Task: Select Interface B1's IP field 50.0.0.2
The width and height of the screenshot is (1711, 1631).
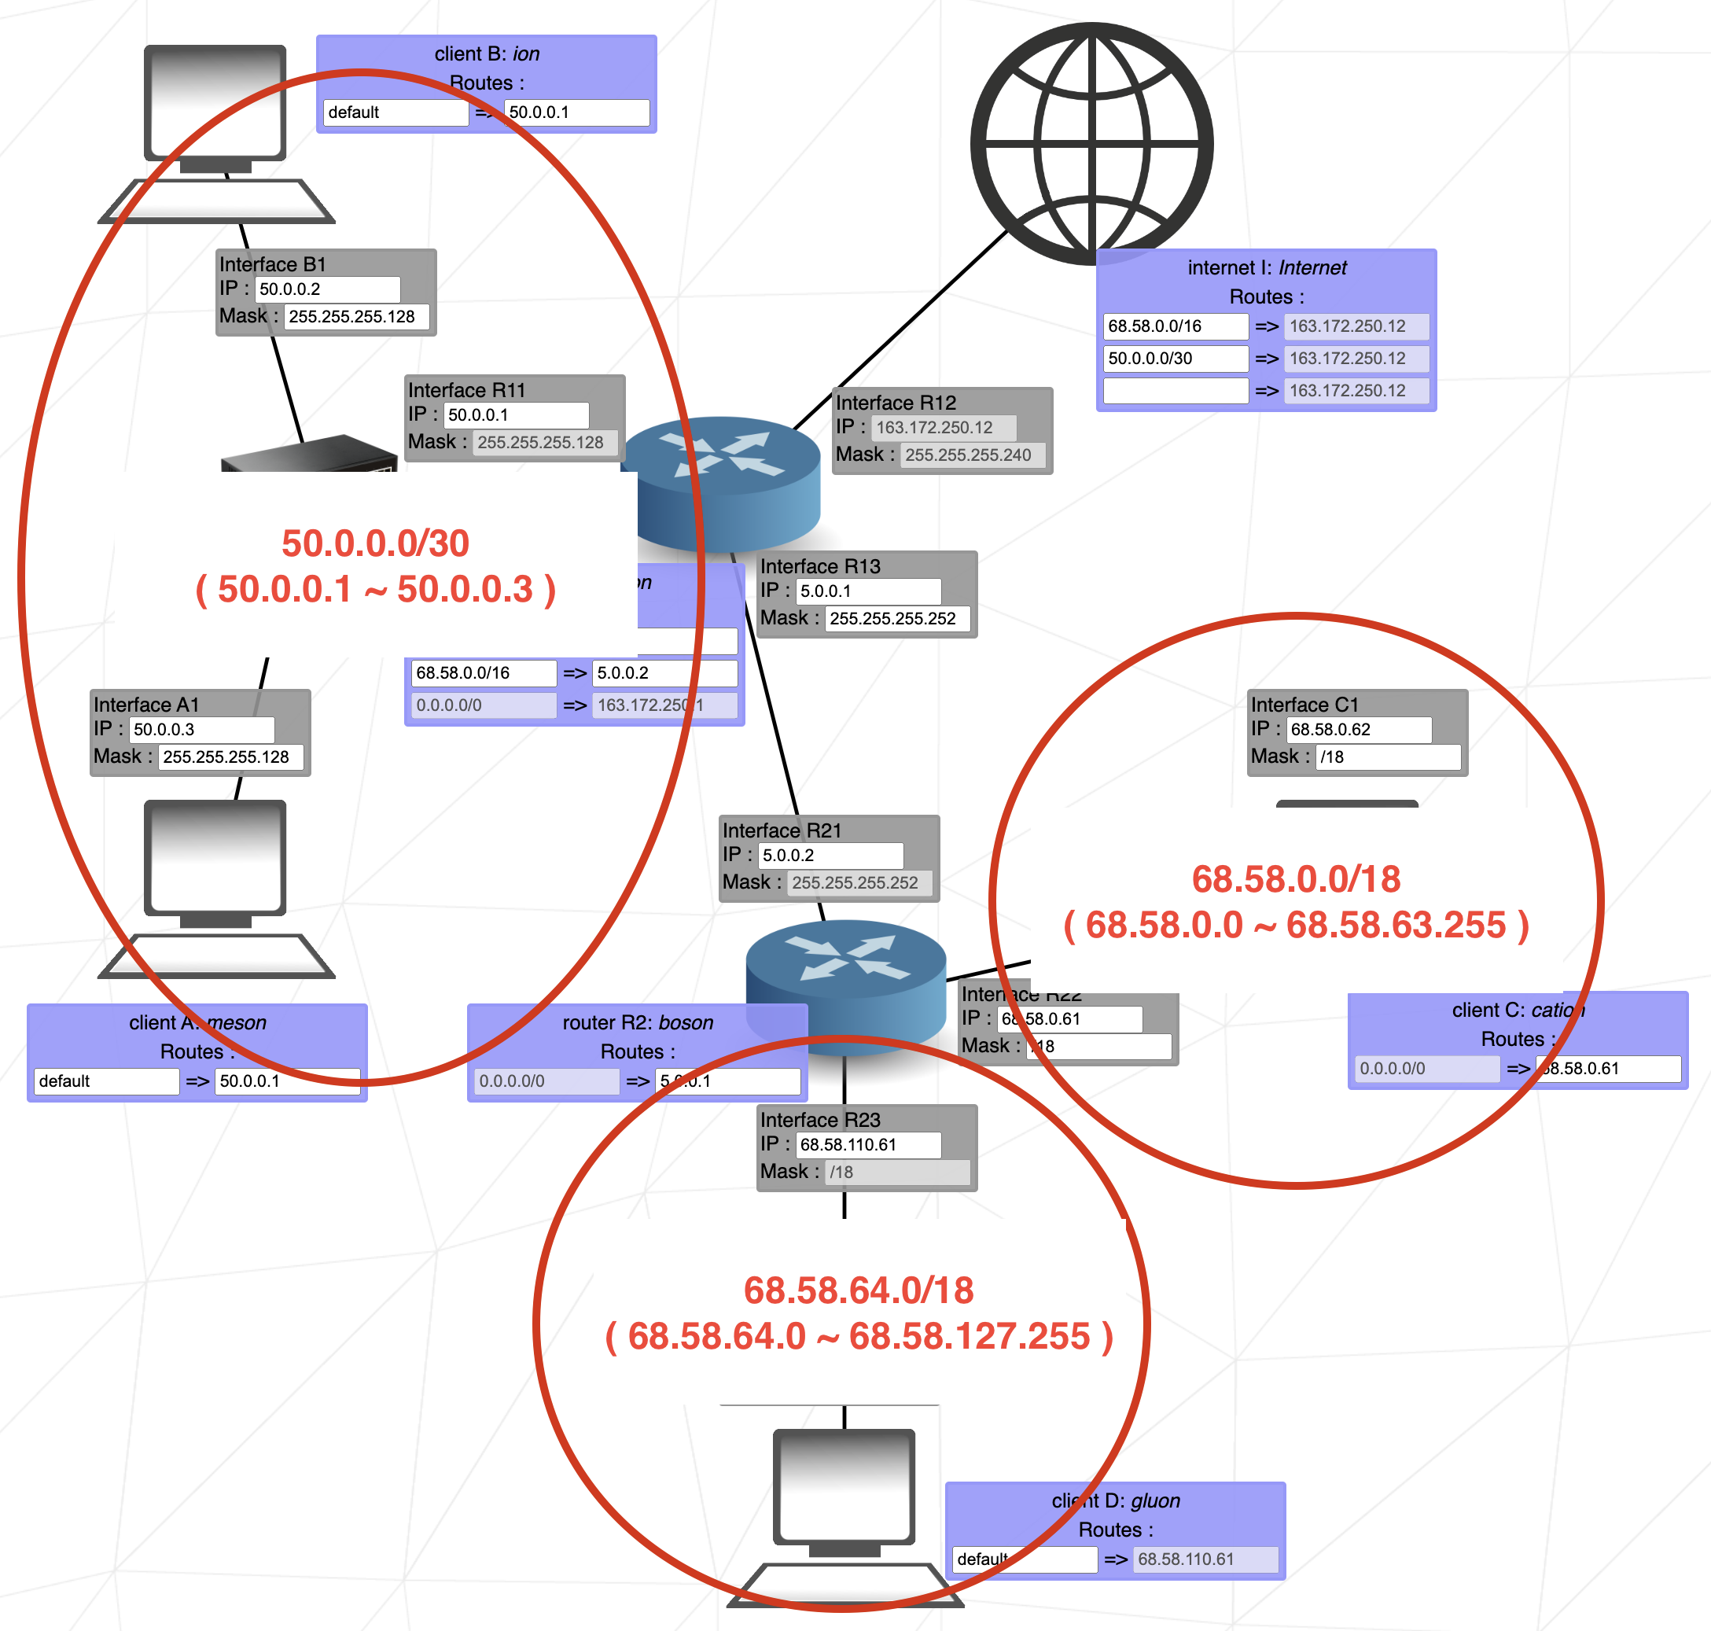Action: (327, 289)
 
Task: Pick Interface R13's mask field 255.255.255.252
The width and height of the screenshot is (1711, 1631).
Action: (896, 619)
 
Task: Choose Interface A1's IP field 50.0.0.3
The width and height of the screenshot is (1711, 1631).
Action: (202, 730)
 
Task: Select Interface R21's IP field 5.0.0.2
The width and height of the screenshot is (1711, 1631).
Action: (830, 856)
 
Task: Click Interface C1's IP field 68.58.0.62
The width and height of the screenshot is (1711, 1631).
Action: (1358, 730)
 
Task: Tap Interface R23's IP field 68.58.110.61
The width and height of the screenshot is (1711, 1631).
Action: (867, 1145)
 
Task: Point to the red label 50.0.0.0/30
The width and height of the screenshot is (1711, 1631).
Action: (376, 543)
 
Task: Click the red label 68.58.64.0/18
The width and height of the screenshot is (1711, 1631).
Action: (858, 1290)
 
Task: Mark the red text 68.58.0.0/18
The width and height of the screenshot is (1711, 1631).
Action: (1295, 879)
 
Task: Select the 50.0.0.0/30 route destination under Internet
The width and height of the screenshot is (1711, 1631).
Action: (1175, 358)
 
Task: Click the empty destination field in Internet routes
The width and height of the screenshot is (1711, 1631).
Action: (1175, 390)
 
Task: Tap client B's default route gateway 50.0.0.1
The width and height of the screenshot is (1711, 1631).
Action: (576, 112)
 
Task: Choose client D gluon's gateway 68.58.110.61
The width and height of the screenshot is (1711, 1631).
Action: (1205, 1559)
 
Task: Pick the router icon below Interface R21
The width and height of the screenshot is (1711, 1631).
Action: (845, 987)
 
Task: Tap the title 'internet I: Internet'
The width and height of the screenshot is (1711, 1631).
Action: (1266, 268)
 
